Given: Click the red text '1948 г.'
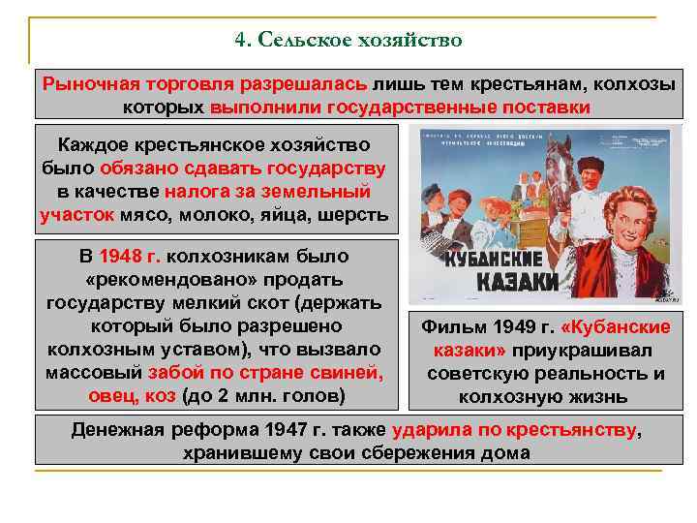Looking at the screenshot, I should pyautogui.click(x=133, y=257).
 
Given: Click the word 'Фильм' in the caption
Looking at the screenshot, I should pyautogui.click(x=447, y=327).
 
